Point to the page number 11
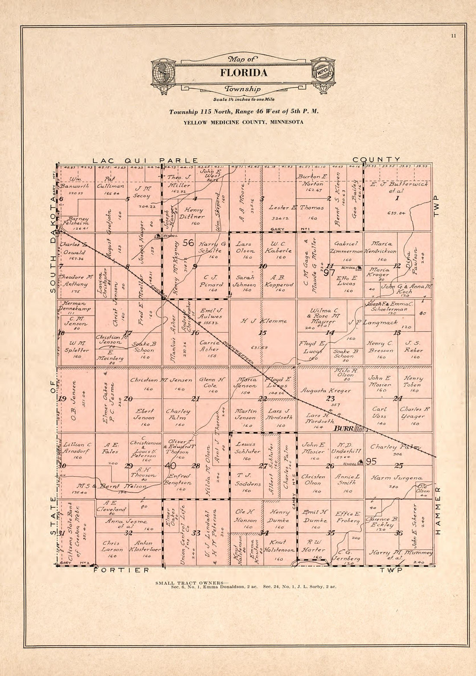[x=453, y=36]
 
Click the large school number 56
[x=188, y=243]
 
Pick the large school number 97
[x=329, y=273]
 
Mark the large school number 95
[x=371, y=461]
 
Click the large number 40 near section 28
[x=170, y=465]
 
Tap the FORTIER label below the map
[x=122, y=570]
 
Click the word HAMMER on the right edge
[x=437, y=511]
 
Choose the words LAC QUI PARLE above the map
[x=146, y=160]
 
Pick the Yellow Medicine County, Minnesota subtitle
[x=243, y=122]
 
